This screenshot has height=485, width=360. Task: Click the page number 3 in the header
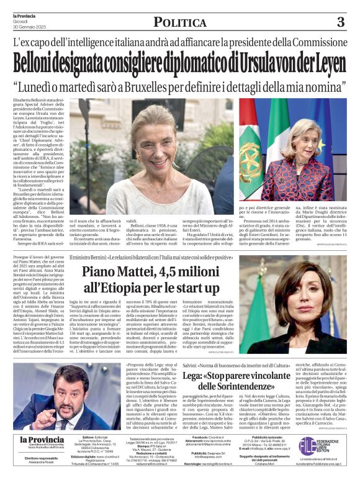(x=340, y=22)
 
